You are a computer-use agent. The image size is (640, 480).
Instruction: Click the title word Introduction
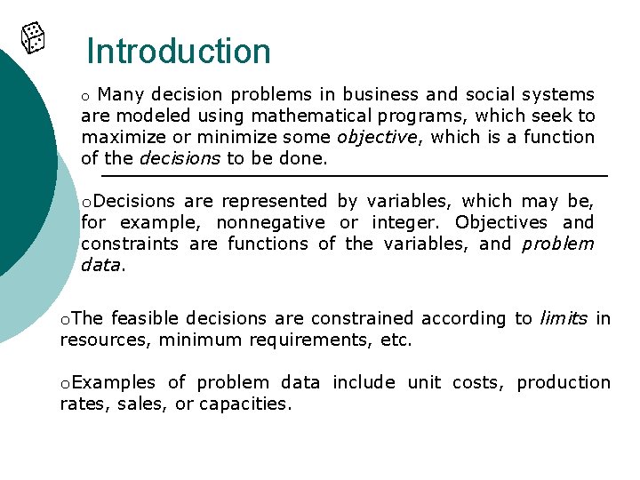point(179,52)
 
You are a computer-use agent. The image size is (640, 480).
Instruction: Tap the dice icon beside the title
point(33,37)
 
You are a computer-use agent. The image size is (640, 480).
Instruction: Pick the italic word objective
point(375,137)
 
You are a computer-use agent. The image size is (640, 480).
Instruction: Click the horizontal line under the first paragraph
point(354,177)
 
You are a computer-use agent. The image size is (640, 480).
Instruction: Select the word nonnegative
point(270,222)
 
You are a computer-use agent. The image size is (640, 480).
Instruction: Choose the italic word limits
point(564,318)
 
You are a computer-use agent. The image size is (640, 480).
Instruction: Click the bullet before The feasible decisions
point(65,319)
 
